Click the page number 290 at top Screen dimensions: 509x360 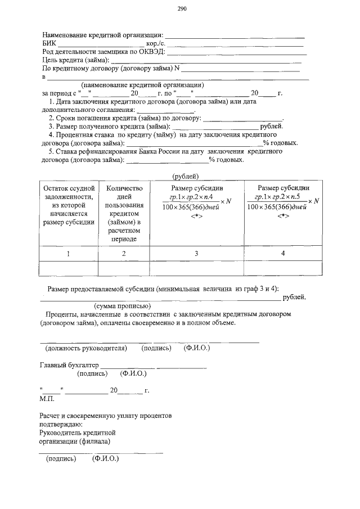point(181,8)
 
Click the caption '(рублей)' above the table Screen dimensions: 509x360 point(187,176)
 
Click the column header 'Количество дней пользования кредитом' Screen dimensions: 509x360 point(124,213)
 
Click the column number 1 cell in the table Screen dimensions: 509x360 point(68,254)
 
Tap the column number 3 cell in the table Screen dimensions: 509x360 point(196,254)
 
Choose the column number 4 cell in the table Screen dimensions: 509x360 point(283,254)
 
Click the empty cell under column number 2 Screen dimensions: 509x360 point(124,268)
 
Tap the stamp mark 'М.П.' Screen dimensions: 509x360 point(46,398)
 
